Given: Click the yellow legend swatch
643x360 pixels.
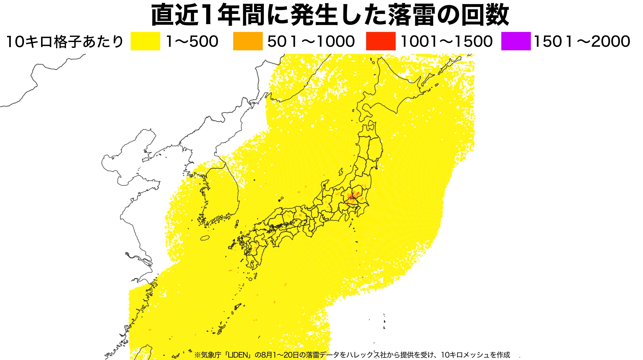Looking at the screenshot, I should click(x=145, y=41).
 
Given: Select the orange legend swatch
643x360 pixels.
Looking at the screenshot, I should click(x=248, y=41).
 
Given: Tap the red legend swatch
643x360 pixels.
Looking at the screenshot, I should click(x=381, y=41).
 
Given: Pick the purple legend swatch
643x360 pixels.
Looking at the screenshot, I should click(x=516, y=41).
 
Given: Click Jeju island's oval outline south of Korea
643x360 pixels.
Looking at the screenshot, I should click(x=205, y=238).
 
